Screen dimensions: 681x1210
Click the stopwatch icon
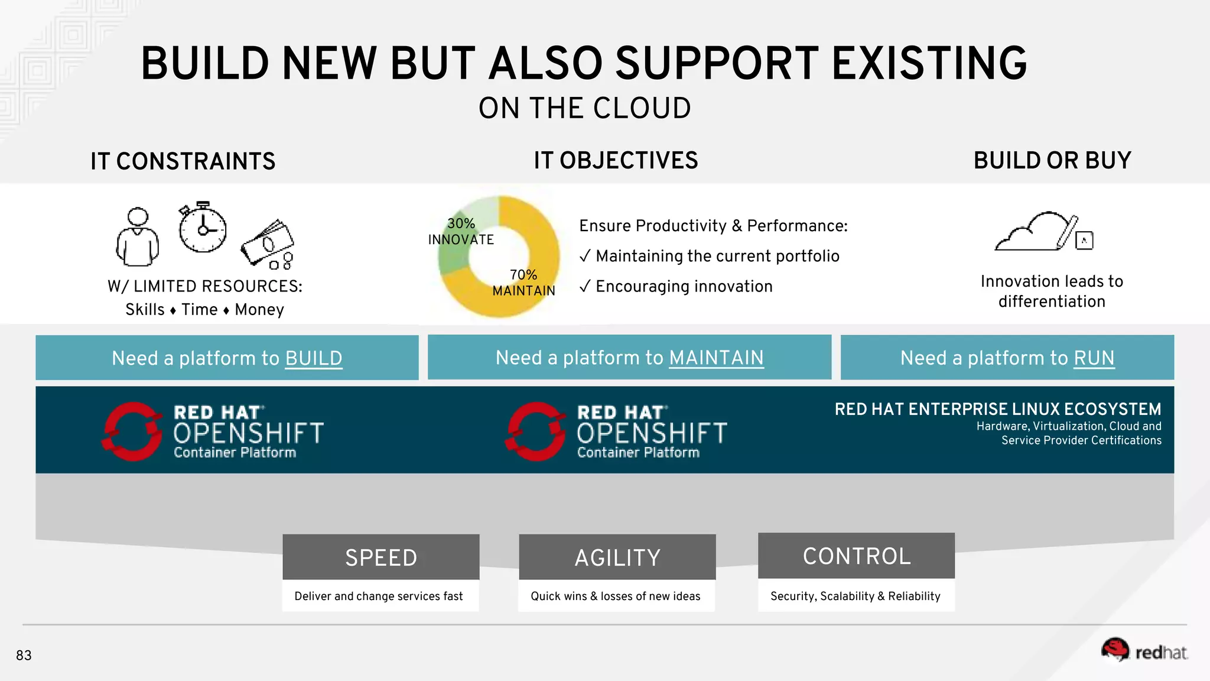(x=203, y=228)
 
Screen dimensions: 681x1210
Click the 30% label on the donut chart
(x=461, y=223)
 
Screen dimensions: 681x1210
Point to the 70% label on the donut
(x=523, y=275)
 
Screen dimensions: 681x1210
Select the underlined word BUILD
(x=313, y=358)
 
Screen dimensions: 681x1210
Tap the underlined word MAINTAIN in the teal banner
(x=716, y=358)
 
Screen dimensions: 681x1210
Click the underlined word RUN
(x=1094, y=358)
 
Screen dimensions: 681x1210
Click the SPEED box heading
(x=381, y=557)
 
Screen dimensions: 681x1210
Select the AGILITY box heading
(x=617, y=557)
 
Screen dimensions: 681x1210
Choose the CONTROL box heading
(x=857, y=556)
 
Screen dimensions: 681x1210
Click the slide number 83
(x=24, y=655)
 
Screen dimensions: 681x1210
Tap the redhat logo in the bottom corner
(x=1144, y=651)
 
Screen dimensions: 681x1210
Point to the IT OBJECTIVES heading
(x=616, y=161)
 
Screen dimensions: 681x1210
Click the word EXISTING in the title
(x=929, y=64)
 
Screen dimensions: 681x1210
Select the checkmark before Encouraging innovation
(x=585, y=287)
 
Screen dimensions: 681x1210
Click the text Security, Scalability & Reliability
(x=855, y=596)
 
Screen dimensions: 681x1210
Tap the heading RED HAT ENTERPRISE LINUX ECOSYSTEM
(x=997, y=409)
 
